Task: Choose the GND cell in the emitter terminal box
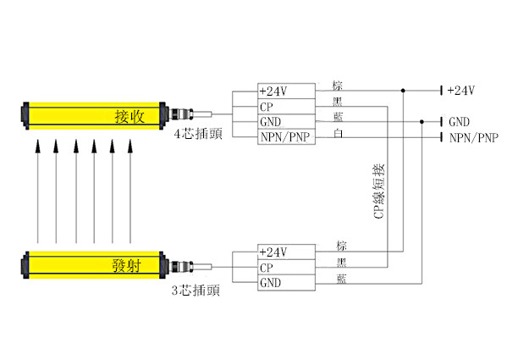270,283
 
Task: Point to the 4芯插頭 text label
198,134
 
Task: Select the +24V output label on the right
460,91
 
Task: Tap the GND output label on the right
459,122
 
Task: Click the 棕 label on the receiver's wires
339,86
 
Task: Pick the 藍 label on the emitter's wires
341,278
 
